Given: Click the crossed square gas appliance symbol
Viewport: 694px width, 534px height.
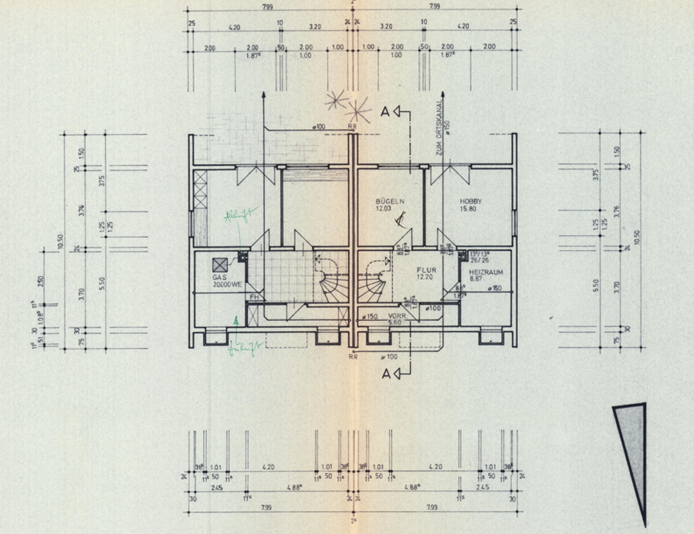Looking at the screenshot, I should click(x=218, y=262).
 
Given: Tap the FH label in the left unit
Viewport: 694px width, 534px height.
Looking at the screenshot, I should click(x=252, y=296).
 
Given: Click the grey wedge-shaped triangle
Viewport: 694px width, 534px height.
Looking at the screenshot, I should click(x=633, y=455).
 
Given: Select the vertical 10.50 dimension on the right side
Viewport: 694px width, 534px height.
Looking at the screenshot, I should click(x=637, y=238).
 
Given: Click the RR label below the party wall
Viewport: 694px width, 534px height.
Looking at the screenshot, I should click(x=353, y=358).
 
